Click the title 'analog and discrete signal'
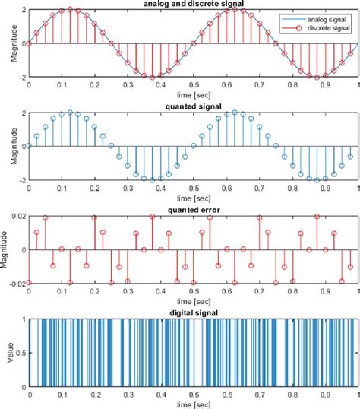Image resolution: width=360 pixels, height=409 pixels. (x=193, y=4)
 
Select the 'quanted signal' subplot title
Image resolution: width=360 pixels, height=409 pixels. (x=193, y=107)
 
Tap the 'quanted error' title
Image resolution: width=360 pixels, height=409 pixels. (x=193, y=210)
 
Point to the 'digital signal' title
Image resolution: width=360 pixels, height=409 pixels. (x=193, y=312)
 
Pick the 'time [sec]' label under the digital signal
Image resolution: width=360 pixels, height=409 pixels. (x=193, y=404)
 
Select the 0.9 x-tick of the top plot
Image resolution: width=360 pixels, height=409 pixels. (x=324, y=86)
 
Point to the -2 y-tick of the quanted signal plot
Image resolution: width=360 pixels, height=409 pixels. (x=21, y=180)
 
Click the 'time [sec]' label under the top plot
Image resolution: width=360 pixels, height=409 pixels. (x=193, y=95)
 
